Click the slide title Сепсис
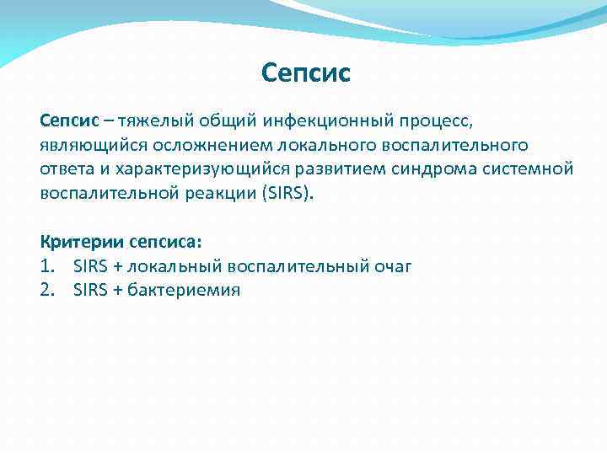(x=305, y=74)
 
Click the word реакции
(x=219, y=193)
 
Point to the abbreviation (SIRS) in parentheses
(x=287, y=193)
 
